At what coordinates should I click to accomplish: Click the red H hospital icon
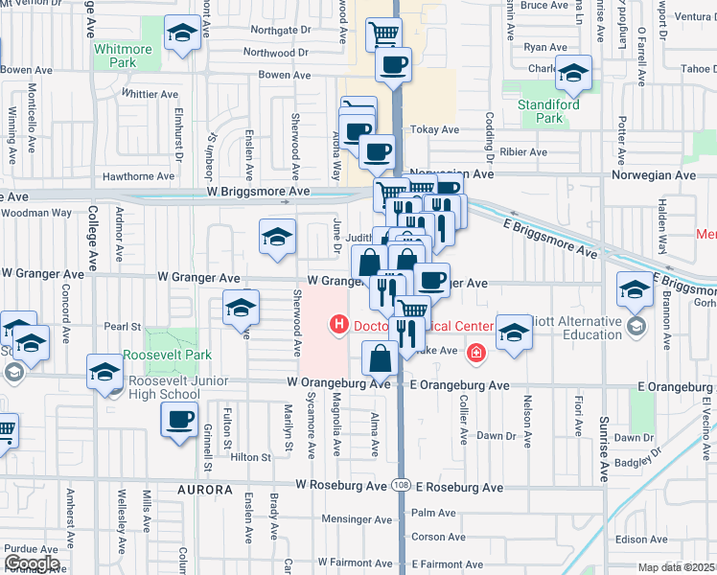pyautogui.click(x=337, y=326)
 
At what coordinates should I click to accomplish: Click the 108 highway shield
pyautogui.click(x=401, y=488)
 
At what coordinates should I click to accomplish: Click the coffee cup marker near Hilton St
pyautogui.click(x=180, y=419)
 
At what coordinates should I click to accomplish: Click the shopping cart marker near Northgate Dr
pyautogui.click(x=383, y=34)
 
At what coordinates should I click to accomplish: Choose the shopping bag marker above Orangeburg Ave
pyautogui.click(x=381, y=357)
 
